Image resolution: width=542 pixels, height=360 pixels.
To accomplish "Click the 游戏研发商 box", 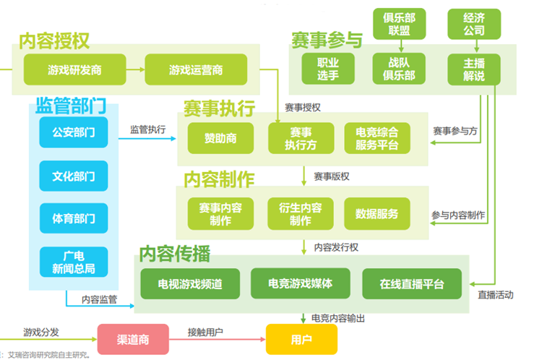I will click(74, 70).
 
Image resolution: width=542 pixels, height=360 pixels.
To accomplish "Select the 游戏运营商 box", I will click(196, 70).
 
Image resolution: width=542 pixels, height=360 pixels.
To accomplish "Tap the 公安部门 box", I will click(74, 132).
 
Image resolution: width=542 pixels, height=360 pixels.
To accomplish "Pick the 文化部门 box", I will click(74, 176).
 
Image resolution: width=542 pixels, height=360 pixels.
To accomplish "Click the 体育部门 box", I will click(74, 218).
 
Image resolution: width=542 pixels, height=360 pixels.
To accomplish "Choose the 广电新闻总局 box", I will click(74, 262).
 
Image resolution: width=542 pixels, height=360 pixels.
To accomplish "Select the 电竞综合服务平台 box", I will click(377, 138).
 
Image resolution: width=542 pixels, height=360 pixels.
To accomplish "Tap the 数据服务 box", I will click(377, 214).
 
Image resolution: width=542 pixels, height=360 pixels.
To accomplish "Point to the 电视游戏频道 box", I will click(190, 283).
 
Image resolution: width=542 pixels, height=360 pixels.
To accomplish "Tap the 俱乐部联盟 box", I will click(399, 23).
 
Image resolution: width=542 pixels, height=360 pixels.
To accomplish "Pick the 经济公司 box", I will click(475, 23).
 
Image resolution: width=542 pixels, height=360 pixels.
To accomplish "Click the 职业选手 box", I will click(323, 69).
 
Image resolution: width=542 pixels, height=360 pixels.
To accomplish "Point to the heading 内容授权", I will click(56, 40).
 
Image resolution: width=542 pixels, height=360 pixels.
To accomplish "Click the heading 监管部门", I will click(70, 106).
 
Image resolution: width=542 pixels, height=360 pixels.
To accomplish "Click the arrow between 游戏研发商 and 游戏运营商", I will click(135, 70).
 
